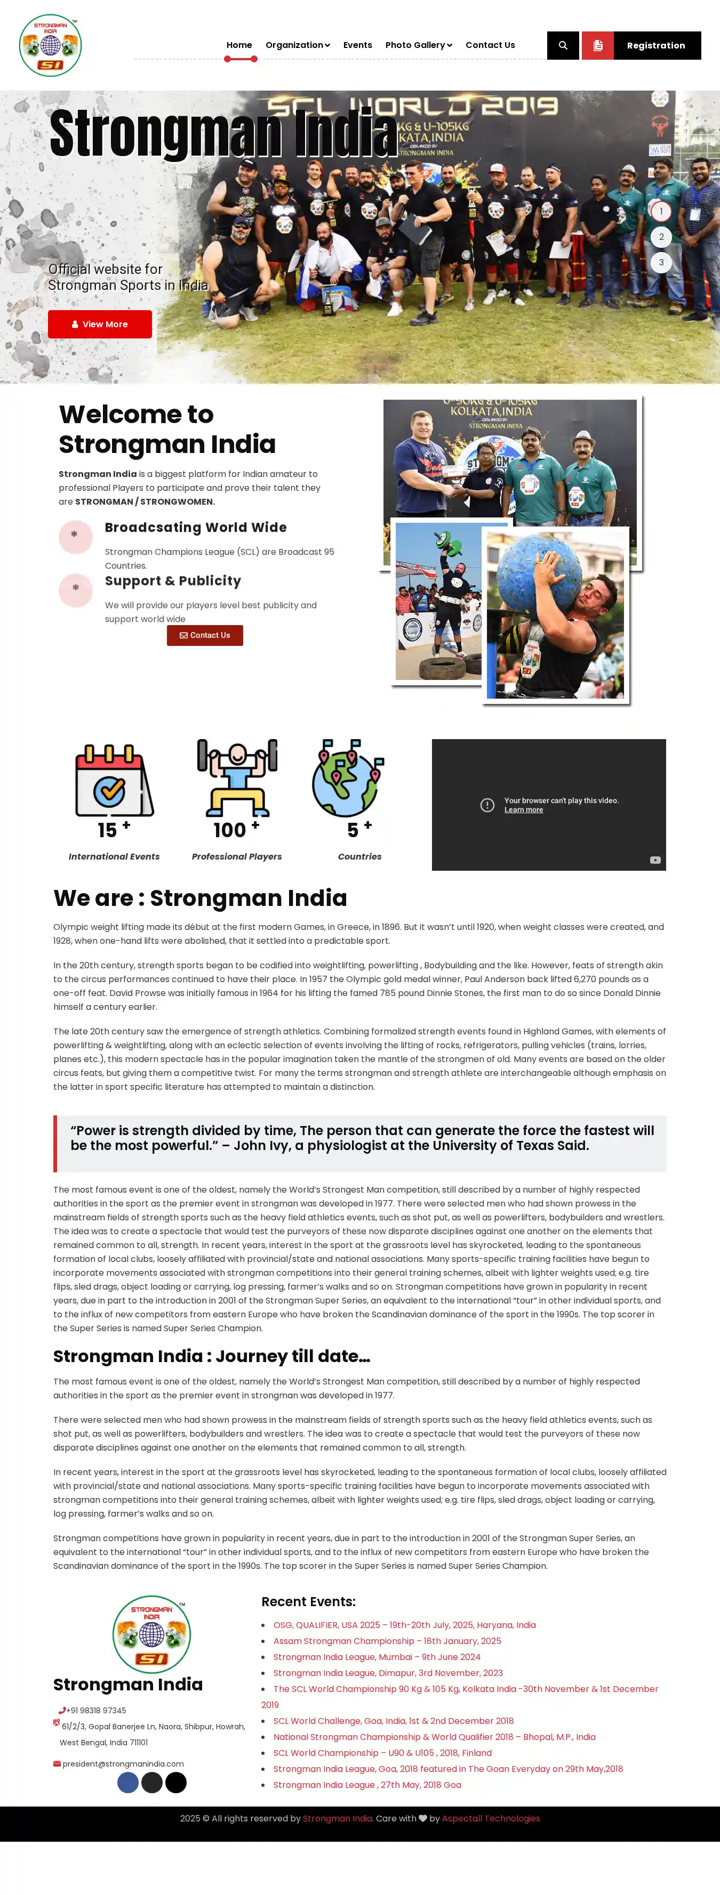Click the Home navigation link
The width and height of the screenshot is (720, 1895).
[x=239, y=45]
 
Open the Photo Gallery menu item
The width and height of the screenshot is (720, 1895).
[x=418, y=45]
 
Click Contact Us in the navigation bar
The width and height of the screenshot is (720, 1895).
[x=490, y=45]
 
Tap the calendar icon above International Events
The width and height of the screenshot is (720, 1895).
[x=114, y=781]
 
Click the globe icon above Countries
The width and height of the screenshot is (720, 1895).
[x=348, y=778]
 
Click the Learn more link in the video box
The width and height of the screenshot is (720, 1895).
[x=523, y=810]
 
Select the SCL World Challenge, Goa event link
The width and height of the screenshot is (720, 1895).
[x=393, y=1721]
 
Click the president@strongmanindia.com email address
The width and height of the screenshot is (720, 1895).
[x=123, y=1763]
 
